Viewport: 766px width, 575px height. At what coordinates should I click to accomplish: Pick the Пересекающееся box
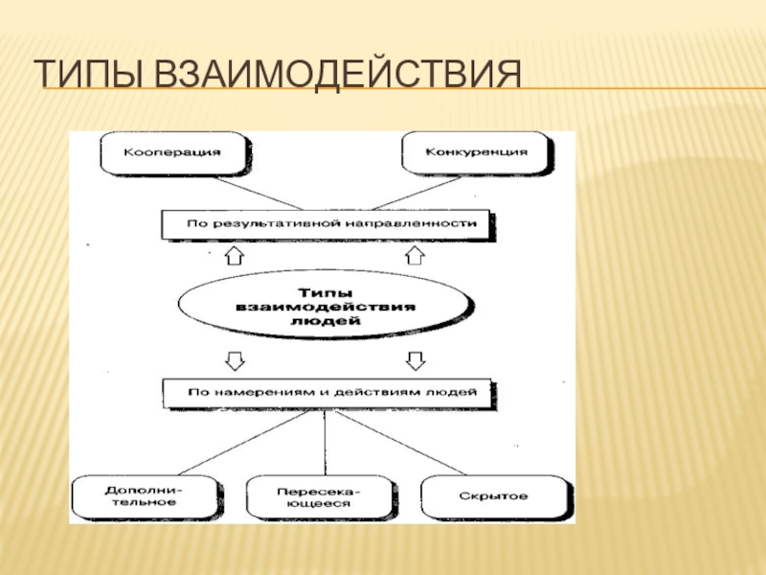click(312, 496)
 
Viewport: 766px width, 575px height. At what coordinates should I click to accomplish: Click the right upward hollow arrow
click(415, 256)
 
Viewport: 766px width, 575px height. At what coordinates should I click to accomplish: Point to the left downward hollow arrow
click(233, 359)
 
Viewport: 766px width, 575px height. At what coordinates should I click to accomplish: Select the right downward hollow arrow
click(415, 359)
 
